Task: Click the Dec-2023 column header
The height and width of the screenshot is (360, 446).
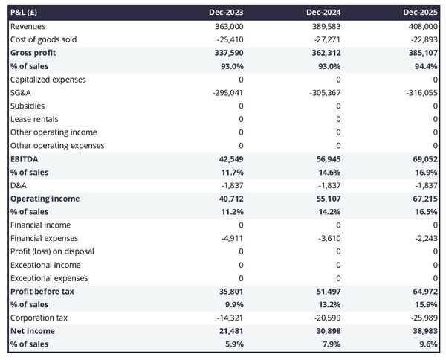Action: pos(227,13)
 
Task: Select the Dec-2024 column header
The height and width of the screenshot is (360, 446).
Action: pos(324,13)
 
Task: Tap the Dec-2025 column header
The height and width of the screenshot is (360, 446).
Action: pos(421,13)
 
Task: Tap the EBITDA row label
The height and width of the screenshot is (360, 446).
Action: pos(25,158)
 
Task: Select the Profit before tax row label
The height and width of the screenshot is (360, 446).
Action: pos(42,291)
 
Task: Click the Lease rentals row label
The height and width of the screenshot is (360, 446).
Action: pos(34,119)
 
